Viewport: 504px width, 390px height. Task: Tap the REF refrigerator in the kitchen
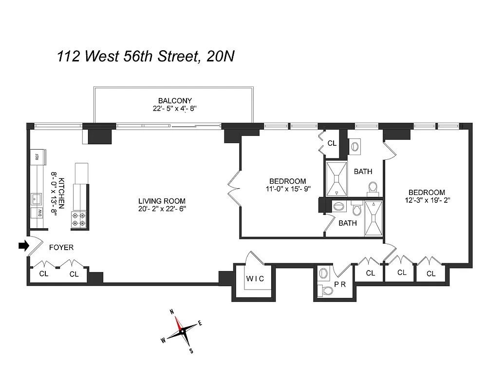point(37,156)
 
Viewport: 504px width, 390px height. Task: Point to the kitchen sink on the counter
point(36,198)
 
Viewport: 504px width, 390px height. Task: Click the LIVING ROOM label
point(162,201)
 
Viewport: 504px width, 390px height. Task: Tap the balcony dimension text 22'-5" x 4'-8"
point(175,110)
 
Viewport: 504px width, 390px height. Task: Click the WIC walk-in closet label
point(255,279)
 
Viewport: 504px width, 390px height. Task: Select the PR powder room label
point(339,284)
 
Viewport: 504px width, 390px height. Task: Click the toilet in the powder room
point(327,291)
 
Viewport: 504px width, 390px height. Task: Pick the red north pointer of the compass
point(178,323)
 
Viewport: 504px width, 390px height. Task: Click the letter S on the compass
point(191,350)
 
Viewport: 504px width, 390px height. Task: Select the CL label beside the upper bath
point(332,143)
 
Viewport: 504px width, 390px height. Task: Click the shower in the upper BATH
point(336,179)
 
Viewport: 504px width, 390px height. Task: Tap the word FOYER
point(61,248)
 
